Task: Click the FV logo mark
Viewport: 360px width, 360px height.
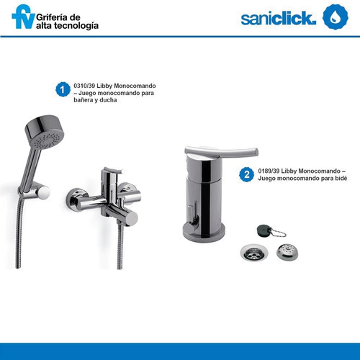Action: click(23, 17)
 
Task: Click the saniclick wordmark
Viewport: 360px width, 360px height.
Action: click(279, 18)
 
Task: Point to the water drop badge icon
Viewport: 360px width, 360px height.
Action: click(336, 17)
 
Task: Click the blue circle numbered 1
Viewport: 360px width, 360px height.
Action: click(63, 89)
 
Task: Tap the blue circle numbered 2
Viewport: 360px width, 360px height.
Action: click(247, 174)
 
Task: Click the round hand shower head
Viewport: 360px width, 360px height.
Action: click(45, 132)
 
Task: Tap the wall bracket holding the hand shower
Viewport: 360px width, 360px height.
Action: click(38, 191)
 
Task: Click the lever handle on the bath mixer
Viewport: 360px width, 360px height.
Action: click(111, 174)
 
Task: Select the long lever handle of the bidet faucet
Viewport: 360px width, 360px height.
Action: click(221, 152)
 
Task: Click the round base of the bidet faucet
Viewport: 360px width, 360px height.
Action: click(204, 232)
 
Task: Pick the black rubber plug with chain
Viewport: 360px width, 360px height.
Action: click(265, 230)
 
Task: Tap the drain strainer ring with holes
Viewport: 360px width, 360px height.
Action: click(254, 253)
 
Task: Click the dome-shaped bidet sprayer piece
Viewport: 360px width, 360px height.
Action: click(287, 252)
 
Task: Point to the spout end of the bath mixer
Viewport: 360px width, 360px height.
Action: click(131, 218)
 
